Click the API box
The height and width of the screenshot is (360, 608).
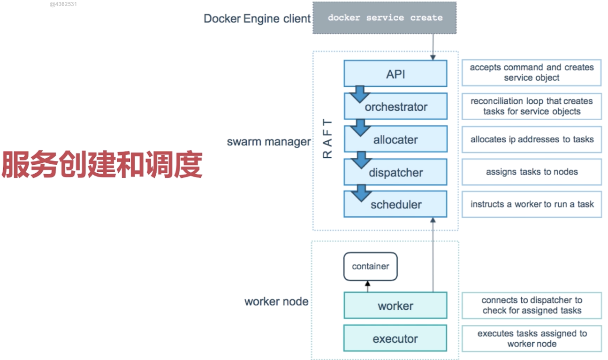coord(395,74)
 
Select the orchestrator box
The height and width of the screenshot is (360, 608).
coord(396,106)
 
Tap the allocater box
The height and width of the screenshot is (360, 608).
coord(396,139)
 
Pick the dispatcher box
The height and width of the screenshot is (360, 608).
coord(395,172)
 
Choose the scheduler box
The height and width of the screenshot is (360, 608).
coord(395,204)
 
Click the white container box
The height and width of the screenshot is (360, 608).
coord(371,266)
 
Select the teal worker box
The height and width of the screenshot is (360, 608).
coord(395,306)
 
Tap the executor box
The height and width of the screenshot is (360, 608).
coord(395,338)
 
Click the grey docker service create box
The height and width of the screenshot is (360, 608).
coord(385,18)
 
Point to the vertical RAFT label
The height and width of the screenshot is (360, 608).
coord(327,138)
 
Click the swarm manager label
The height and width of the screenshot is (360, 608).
coord(269,142)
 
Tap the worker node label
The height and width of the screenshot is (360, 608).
coord(276,301)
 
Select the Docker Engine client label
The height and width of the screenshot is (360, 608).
coord(257,19)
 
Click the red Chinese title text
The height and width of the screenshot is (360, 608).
coord(102,165)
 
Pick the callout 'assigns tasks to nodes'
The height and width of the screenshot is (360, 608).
coord(532,172)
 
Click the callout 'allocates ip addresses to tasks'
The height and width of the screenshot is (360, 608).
coord(532,139)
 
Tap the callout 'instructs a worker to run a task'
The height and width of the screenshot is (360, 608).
coord(532,204)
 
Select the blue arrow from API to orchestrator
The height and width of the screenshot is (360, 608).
coord(360,94)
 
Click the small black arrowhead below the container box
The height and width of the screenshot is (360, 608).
coord(368,283)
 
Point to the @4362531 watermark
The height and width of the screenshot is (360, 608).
coord(63,4)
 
